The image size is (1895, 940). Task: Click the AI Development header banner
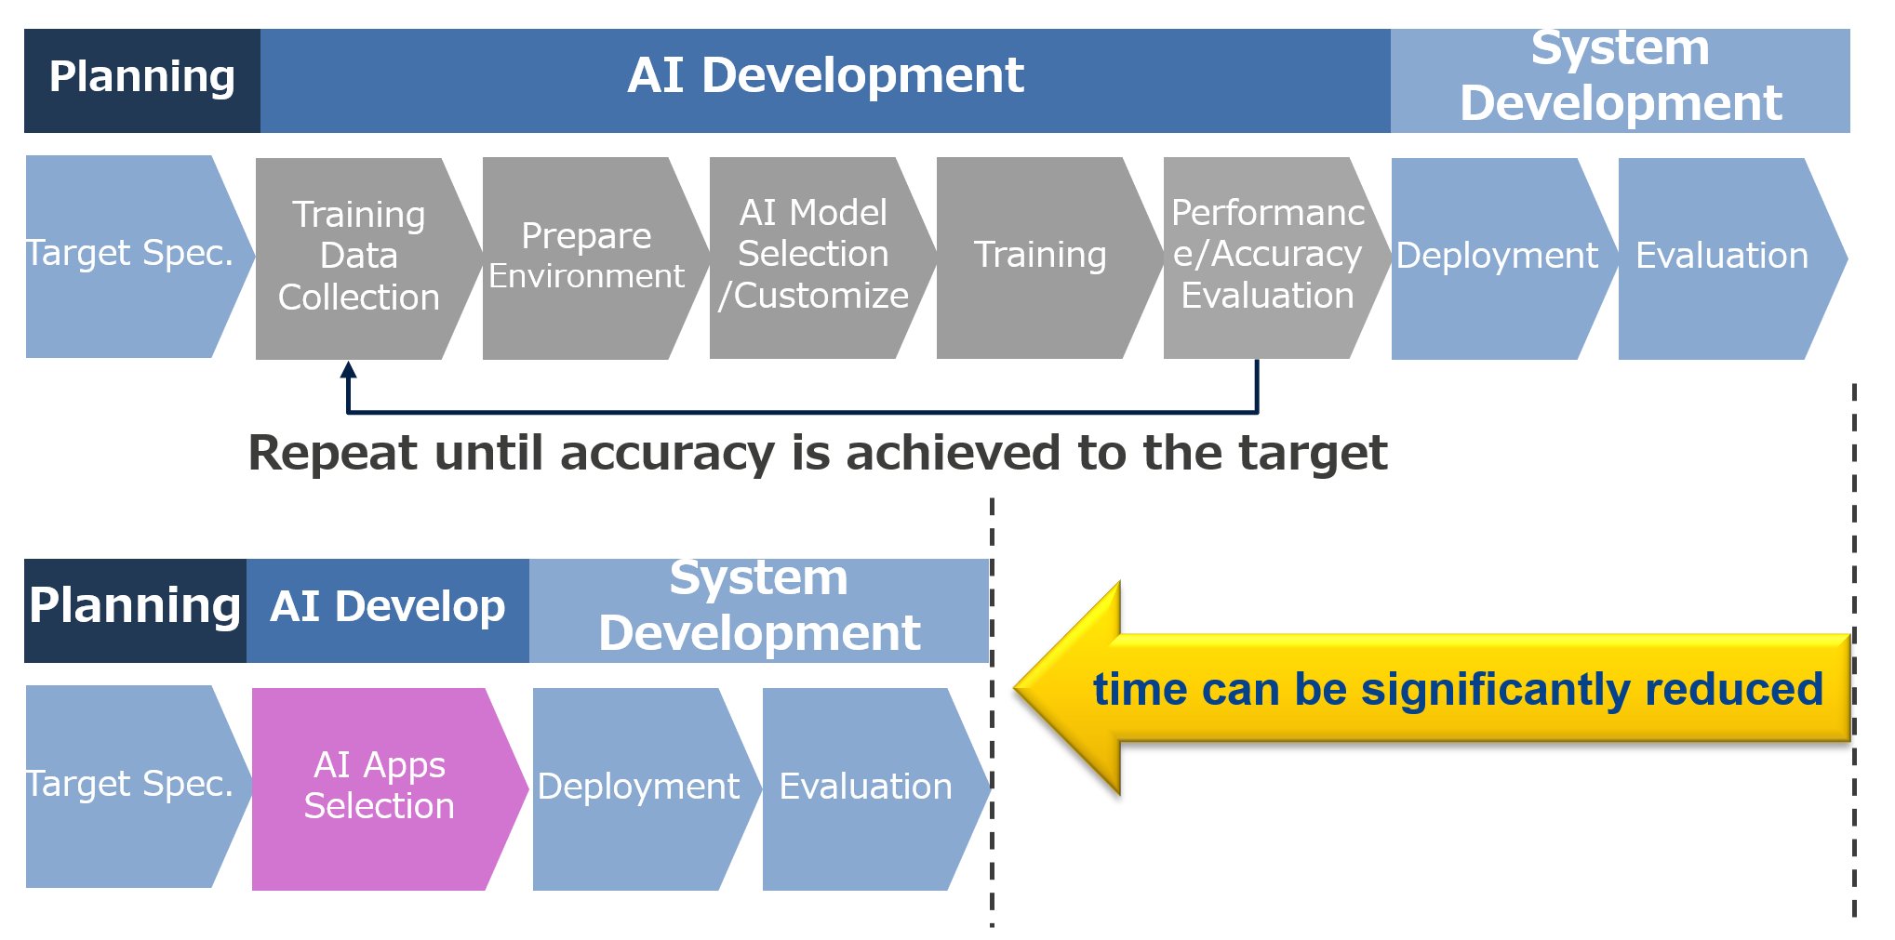coord(825,81)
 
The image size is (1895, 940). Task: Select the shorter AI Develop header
coord(388,610)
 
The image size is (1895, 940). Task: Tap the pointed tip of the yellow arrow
coord(1015,689)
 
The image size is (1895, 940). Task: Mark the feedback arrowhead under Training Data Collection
coord(349,369)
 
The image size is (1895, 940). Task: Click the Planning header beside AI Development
coord(142,81)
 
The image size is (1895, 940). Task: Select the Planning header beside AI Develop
coord(135,610)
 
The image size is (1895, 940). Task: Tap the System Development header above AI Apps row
coord(759,610)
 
